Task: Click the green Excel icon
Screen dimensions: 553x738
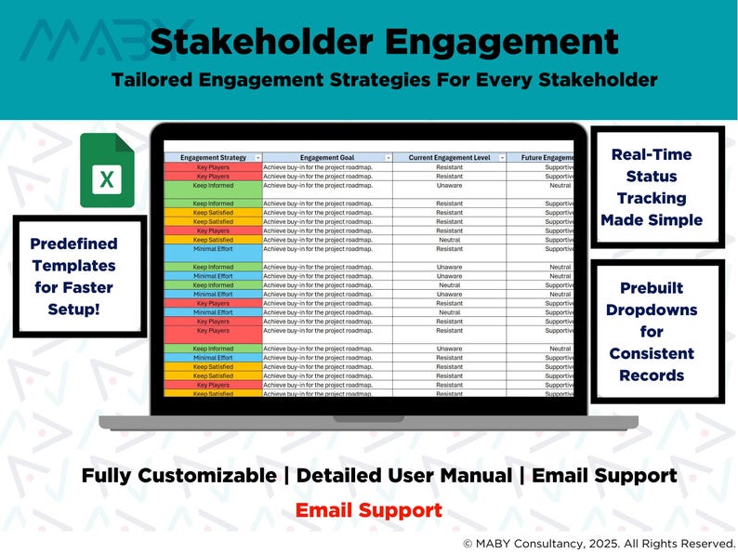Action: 107,171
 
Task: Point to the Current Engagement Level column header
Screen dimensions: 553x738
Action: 448,158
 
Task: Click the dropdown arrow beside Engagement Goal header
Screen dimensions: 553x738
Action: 388,158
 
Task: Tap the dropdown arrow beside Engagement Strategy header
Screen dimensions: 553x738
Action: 258,158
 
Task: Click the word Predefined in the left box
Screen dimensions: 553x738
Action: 74,244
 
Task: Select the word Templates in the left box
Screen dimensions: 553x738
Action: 75,266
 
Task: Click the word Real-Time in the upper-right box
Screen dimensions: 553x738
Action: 652,154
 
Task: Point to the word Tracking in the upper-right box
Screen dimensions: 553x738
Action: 652,198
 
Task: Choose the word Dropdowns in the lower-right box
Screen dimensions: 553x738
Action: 651,309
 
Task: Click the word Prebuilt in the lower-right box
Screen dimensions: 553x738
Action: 651,288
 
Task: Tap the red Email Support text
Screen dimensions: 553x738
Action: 369,510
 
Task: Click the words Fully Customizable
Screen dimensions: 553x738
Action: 178,476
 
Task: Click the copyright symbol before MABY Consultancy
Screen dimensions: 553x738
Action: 468,542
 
